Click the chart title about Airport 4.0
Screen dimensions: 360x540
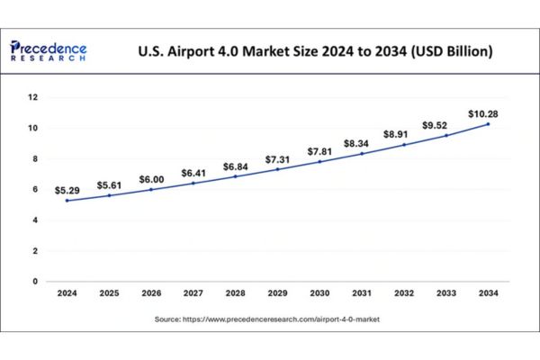[315, 51]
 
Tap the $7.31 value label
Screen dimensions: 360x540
[277, 159]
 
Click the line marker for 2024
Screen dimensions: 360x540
[67, 200]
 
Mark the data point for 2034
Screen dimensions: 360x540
[488, 123]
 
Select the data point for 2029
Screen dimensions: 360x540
[277, 169]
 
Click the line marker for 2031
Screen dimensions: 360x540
[361, 153]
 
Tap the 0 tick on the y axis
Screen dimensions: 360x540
[35, 281]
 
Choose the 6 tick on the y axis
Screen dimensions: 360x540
[35, 189]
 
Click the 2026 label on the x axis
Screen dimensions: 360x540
[151, 293]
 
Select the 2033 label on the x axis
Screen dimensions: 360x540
[445, 293]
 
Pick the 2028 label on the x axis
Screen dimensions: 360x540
[235, 293]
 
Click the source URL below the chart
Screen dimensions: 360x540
[270, 319]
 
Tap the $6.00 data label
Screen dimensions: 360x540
[151, 180]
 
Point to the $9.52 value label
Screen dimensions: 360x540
[445, 125]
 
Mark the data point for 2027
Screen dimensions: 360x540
[193, 184]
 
